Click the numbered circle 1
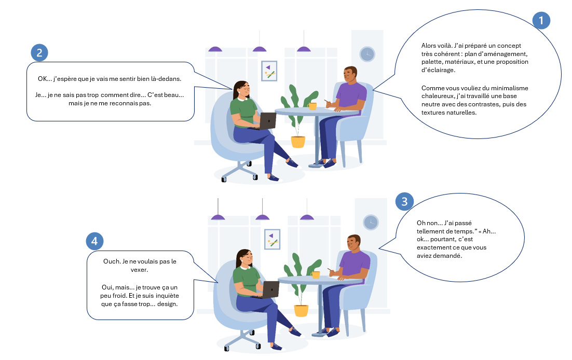(x=541, y=20)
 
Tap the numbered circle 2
(x=39, y=52)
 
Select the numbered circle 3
(x=405, y=202)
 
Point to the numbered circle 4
(x=94, y=241)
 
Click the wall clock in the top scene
(x=367, y=54)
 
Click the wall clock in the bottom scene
(x=371, y=222)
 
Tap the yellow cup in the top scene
(x=312, y=106)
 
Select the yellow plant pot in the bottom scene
(x=301, y=310)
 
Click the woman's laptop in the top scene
(x=268, y=121)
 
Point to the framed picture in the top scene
(x=269, y=71)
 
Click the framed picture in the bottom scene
(x=272, y=239)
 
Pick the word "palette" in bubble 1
(x=432, y=62)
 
